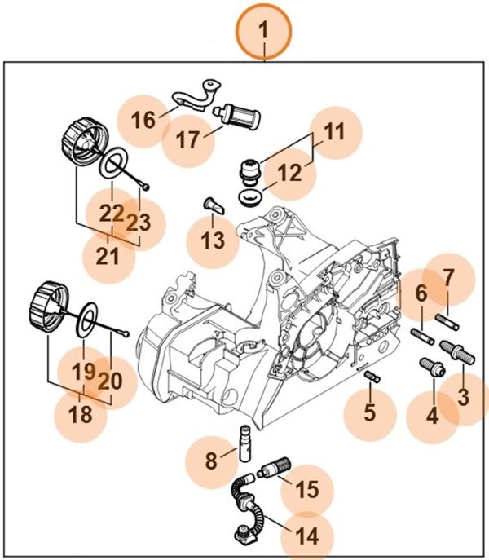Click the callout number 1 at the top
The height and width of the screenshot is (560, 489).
coord(263,30)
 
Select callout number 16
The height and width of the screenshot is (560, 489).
coord(143,121)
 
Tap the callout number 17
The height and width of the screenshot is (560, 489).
coord(187,139)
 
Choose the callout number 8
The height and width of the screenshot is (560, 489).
coord(211,461)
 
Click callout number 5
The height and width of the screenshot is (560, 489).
coord(370,412)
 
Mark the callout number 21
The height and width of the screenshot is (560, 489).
coord(109,256)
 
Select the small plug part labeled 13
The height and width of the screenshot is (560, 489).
coord(214,204)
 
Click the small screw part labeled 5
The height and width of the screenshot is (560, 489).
coord(372,376)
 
